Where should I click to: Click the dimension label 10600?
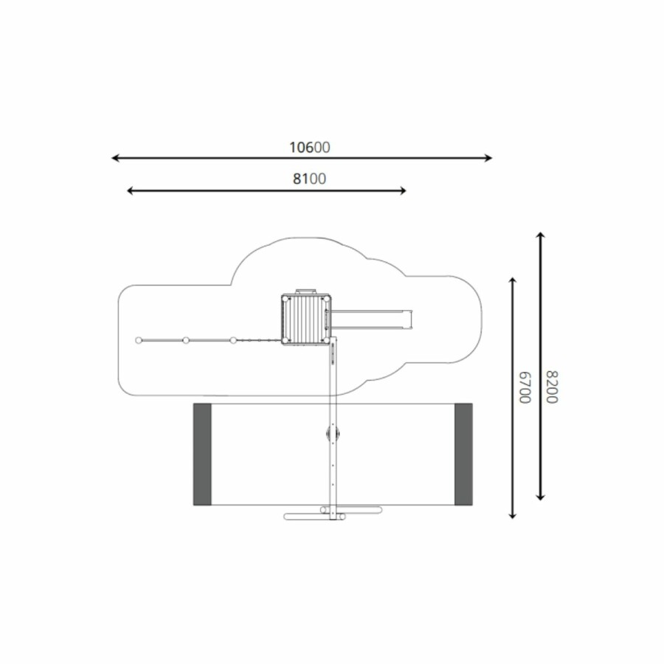click(310, 148)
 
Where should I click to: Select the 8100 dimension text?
click(310, 179)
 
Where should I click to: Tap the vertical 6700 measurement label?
click(525, 387)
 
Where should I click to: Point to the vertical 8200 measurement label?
click(552, 387)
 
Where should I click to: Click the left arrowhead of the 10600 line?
click(114, 158)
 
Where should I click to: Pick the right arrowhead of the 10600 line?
click(488, 158)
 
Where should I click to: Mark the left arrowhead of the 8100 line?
click(131, 191)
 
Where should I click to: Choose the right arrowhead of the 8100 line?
click(403, 191)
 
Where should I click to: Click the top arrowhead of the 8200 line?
click(540, 235)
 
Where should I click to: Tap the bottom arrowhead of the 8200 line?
click(540, 497)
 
